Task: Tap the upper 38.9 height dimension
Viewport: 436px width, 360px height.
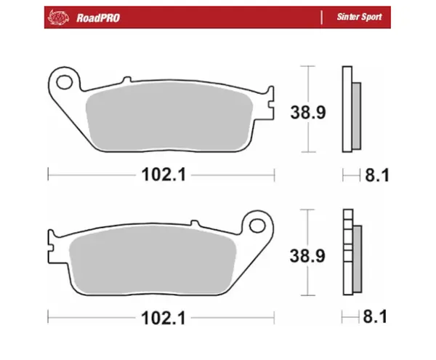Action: tap(308, 113)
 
